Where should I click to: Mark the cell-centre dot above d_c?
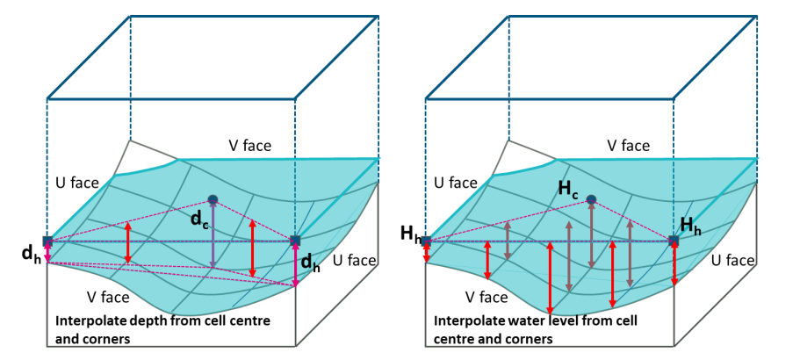(213, 200)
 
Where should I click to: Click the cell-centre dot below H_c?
(592, 200)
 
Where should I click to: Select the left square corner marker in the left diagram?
(47, 241)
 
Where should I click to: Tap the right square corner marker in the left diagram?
(295, 241)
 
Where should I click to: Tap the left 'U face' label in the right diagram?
(454, 183)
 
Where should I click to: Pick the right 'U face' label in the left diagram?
(356, 260)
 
